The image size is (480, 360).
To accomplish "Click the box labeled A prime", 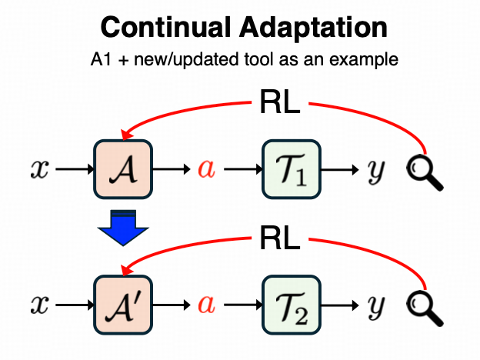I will [124, 304].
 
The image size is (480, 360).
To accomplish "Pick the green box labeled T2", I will [292, 304].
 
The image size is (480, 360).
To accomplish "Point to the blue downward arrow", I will [124, 228].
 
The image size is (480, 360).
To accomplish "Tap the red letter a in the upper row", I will [206, 170].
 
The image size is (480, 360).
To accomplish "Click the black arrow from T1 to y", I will [338, 169].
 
